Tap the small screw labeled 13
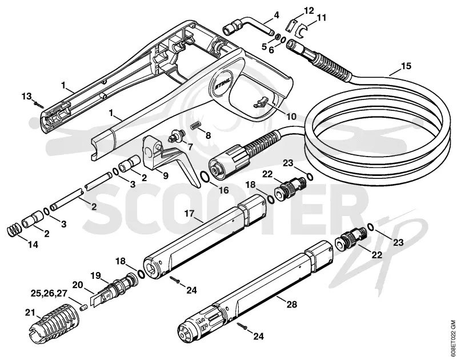38,104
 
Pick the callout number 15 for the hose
405,66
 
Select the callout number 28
291,305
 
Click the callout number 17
189,213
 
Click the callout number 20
78,285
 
